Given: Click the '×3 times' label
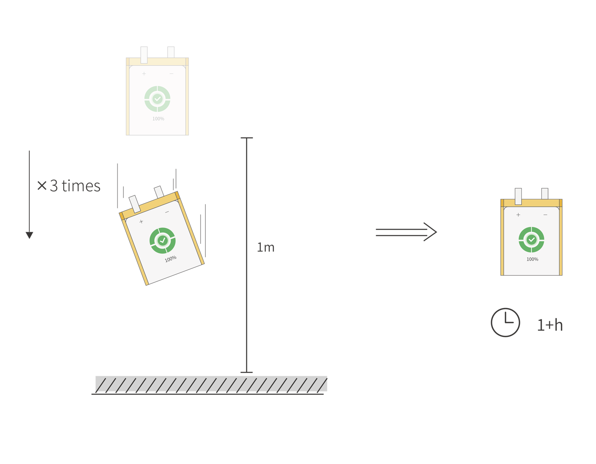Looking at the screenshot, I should (69, 186).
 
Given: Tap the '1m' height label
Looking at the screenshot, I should (265, 247).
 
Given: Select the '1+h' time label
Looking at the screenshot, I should (550, 325).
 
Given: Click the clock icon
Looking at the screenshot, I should (505, 322).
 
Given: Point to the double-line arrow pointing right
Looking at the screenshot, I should (406, 232).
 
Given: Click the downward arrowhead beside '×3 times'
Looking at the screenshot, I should (29, 235).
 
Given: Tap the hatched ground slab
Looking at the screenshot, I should (211, 383).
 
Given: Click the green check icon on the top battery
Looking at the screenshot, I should (157, 99).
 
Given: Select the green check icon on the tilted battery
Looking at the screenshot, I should (163, 240).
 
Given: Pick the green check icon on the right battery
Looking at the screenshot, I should (531, 240).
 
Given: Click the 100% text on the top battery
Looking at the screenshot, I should (158, 119).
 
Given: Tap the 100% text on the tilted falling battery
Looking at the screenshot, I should (171, 259).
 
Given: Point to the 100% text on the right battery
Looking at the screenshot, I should (532, 259).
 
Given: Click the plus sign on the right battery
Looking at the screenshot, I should (518, 215).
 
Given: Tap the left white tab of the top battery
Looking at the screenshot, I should (144, 55).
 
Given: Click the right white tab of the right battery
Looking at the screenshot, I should (545, 194).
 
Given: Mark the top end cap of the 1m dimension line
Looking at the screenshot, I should (247, 138).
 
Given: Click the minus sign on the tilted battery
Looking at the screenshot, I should (167, 212).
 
